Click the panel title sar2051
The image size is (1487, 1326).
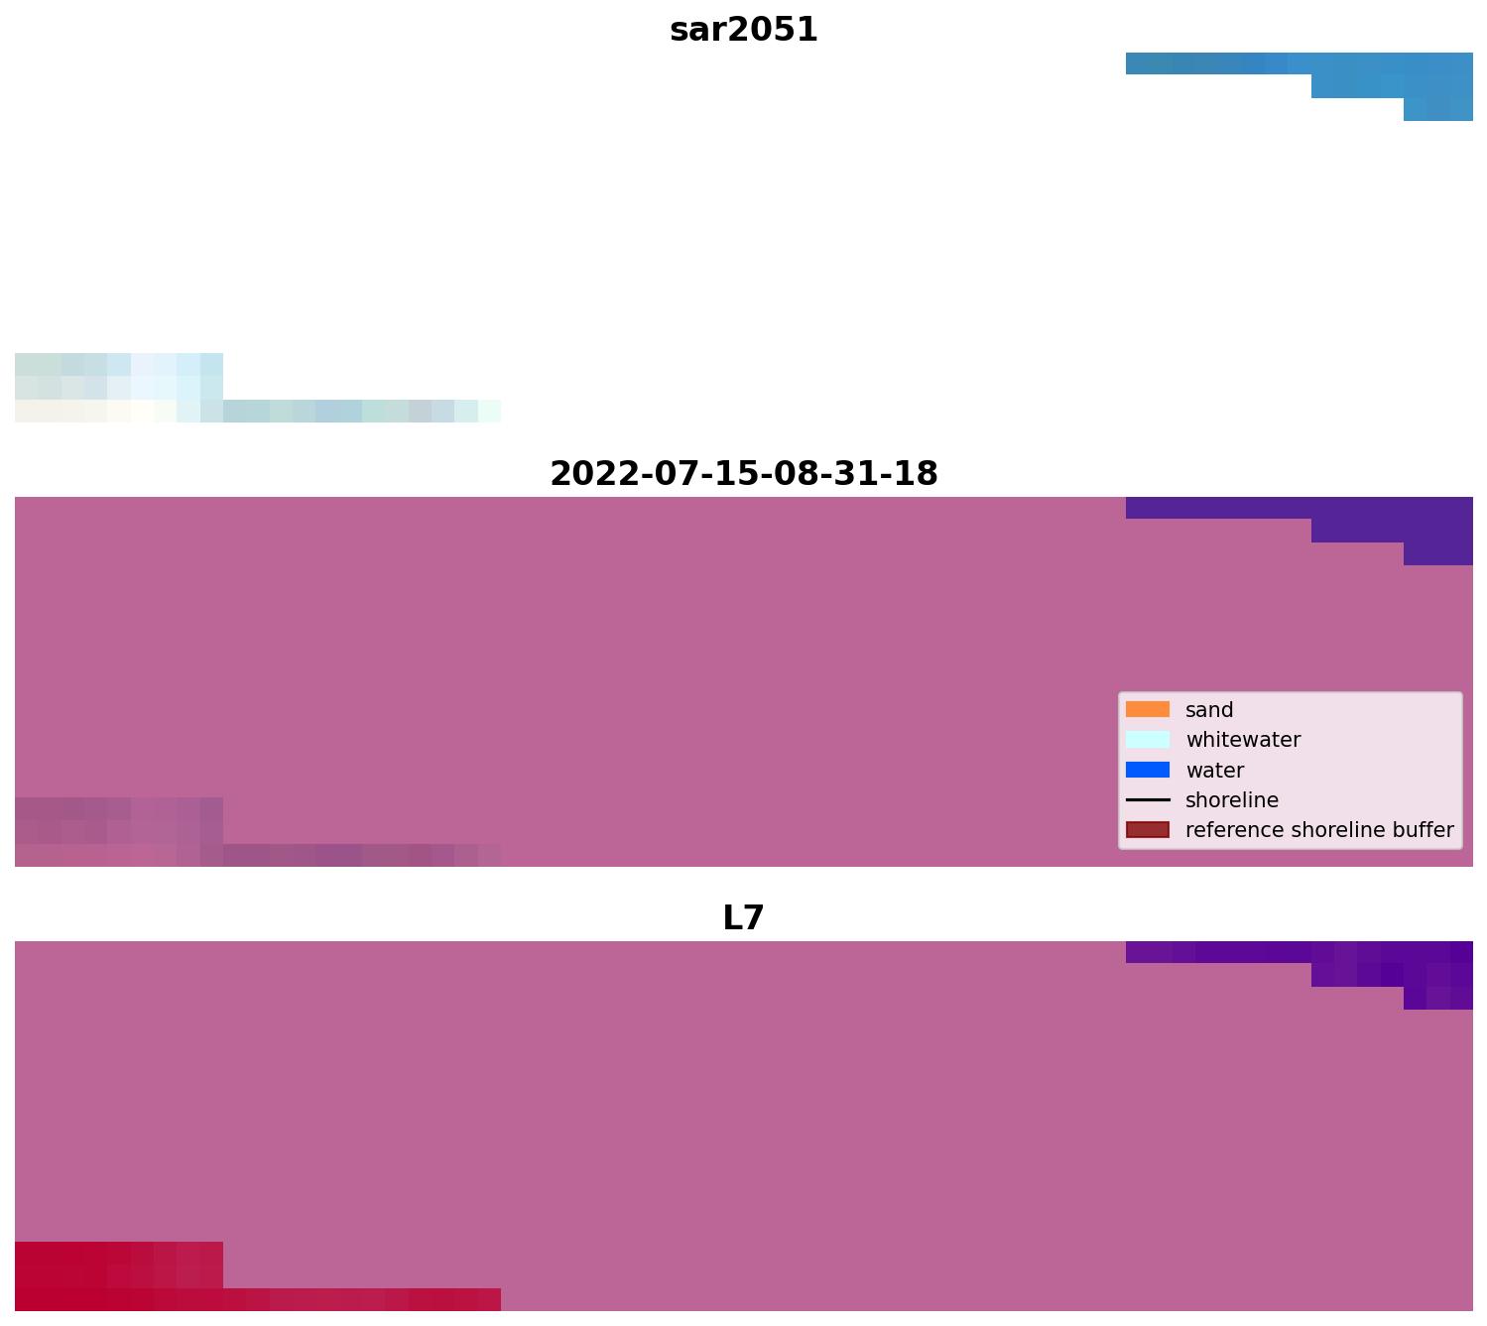[743, 30]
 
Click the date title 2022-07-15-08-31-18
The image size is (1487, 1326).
[743, 474]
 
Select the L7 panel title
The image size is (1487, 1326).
[743, 918]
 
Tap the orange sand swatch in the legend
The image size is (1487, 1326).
[1148, 710]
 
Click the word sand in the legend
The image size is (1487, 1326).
[1209, 710]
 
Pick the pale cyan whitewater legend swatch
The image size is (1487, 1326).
[1148, 740]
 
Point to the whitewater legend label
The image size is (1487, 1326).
[1243, 740]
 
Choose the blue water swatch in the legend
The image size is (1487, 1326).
[1148, 770]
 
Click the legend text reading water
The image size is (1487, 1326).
[1214, 771]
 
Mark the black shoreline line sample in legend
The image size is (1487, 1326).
[1148, 800]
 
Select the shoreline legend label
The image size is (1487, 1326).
[1232, 800]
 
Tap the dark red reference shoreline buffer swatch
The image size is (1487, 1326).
[1148, 830]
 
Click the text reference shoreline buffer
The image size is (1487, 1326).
[1319, 830]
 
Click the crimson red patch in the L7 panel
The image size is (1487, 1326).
[119, 1277]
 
